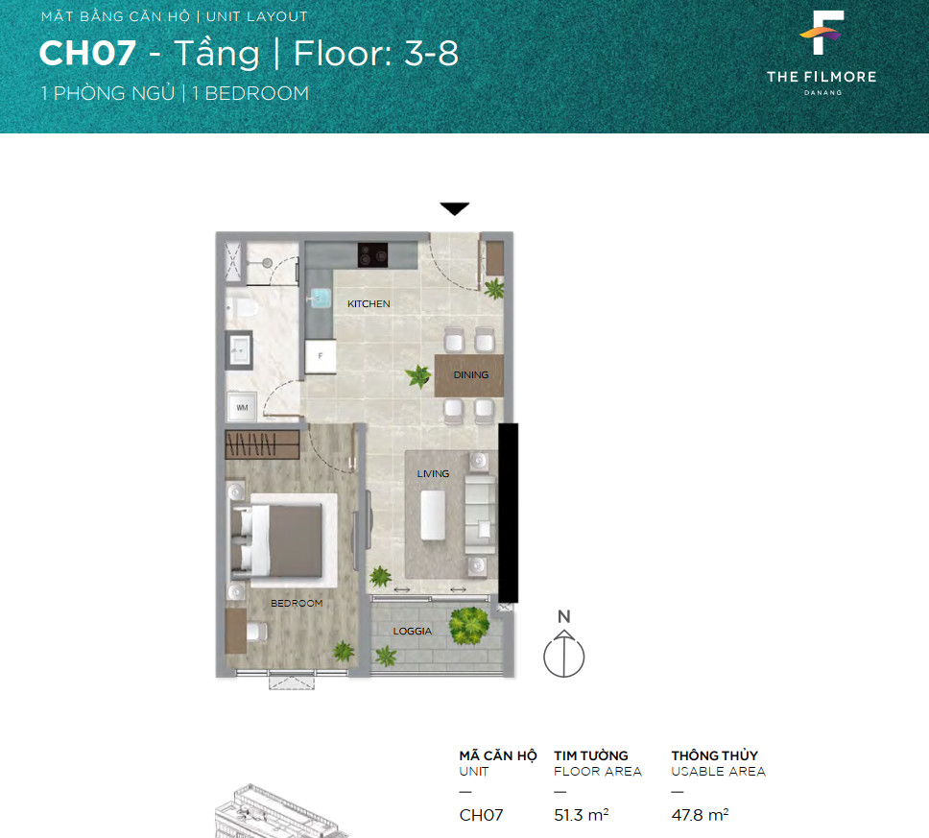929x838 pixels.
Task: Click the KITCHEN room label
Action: click(x=369, y=303)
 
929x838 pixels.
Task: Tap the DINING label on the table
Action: click(x=471, y=374)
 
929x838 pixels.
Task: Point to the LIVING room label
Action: click(x=433, y=473)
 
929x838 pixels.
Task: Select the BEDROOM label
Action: click(x=297, y=604)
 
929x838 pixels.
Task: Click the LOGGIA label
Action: click(x=413, y=632)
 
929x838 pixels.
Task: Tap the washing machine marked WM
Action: click(x=242, y=407)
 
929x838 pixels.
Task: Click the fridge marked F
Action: click(x=321, y=356)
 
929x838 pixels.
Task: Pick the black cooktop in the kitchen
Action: click(x=372, y=254)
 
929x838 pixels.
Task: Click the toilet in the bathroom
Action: click(x=243, y=308)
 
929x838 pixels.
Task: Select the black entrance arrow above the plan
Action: click(x=455, y=208)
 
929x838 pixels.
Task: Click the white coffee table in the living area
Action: click(x=433, y=515)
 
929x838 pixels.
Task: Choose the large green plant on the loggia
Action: click(x=469, y=625)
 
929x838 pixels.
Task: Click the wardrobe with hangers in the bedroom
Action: click(x=262, y=444)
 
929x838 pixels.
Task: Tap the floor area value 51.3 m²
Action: click(x=582, y=815)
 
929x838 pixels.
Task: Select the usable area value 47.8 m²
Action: click(x=700, y=815)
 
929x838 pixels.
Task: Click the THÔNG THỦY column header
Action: click(x=715, y=755)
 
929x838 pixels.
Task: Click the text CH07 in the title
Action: click(x=87, y=54)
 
